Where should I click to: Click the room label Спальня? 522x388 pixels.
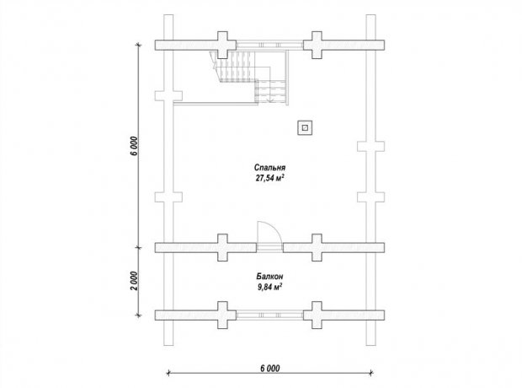pos(269,167)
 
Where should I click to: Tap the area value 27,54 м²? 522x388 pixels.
pos(269,178)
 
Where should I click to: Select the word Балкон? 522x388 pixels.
pos(269,276)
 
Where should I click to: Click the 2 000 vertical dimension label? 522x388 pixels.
pos(133,281)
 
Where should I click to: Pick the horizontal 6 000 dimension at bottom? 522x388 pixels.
pos(270,368)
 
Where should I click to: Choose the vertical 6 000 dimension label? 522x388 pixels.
pos(133,146)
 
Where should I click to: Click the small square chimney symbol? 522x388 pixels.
pos(305,127)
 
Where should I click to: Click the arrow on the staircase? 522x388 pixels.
pos(270,98)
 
